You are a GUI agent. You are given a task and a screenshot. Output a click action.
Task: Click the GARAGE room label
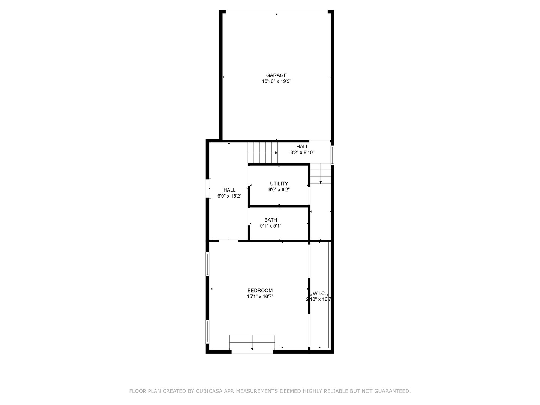pos(276,75)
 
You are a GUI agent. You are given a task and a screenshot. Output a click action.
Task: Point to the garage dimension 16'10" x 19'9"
pos(276,81)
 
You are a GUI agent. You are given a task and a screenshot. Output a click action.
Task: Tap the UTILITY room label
pos(279,184)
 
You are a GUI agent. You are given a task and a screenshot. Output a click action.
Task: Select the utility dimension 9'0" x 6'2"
pos(279,190)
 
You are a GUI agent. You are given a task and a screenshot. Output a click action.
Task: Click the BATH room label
pos(271,220)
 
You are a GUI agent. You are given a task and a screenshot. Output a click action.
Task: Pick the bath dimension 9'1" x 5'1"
pos(271,226)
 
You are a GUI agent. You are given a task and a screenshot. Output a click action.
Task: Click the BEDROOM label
pos(260,291)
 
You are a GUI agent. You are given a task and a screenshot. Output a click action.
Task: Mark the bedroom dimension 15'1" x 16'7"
pos(260,297)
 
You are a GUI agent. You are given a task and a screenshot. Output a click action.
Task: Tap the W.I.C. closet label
pos(319,293)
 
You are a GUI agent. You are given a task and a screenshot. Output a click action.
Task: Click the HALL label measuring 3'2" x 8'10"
pos(302,147)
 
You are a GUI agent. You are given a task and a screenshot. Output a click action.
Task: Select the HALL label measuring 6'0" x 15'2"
pos(229,190)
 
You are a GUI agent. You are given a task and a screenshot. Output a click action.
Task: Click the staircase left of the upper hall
pos(262,153)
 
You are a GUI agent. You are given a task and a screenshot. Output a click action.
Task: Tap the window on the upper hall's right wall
pos(332,154)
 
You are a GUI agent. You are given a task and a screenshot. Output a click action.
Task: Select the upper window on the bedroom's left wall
pos(207,264)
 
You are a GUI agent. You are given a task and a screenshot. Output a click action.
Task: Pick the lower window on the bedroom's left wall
pos(207,331)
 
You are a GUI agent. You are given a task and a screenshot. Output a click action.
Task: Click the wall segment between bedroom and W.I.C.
pos(309,295)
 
